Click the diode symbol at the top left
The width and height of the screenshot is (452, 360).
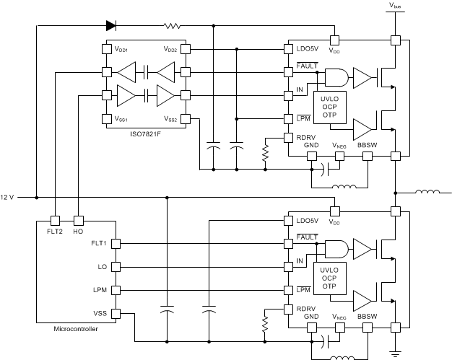click(x=110, y=26)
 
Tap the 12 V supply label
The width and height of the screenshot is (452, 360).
click(x=7, y=197)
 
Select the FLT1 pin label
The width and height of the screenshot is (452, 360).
click(x=98, y=243)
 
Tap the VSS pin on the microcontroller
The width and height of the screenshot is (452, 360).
click(x=100, y=313)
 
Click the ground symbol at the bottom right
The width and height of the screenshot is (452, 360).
click(x=395, y=354)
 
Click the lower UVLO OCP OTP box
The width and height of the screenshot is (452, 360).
click(x=329, y=276)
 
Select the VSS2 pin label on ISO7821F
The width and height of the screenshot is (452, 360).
click(x=171, y=119)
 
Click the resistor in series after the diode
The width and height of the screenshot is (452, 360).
click(x=172, y=26)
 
